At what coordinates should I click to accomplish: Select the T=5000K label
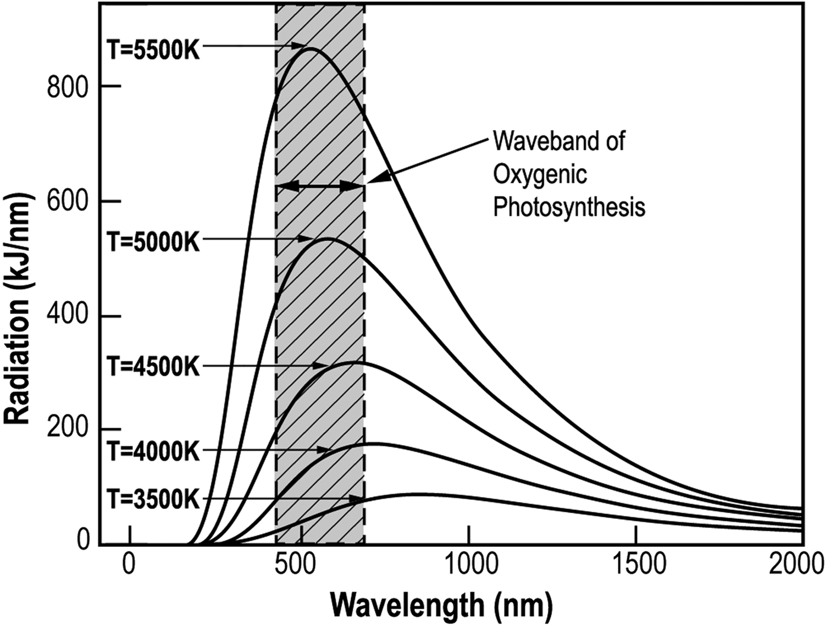coord(154,242)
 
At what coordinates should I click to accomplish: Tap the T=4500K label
coord(154,366)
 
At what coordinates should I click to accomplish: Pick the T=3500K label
coord(154,499)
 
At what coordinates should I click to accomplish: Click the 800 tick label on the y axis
coord(68,87)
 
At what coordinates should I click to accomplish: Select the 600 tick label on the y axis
coord(68,202)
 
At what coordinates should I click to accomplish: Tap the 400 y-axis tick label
coord(68,316)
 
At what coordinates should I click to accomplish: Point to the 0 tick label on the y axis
coord(84,539)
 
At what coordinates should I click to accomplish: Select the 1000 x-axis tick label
coord(469,564)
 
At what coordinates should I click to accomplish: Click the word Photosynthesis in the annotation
coord(569,208)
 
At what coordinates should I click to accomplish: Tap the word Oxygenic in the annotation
coord(540,175)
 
